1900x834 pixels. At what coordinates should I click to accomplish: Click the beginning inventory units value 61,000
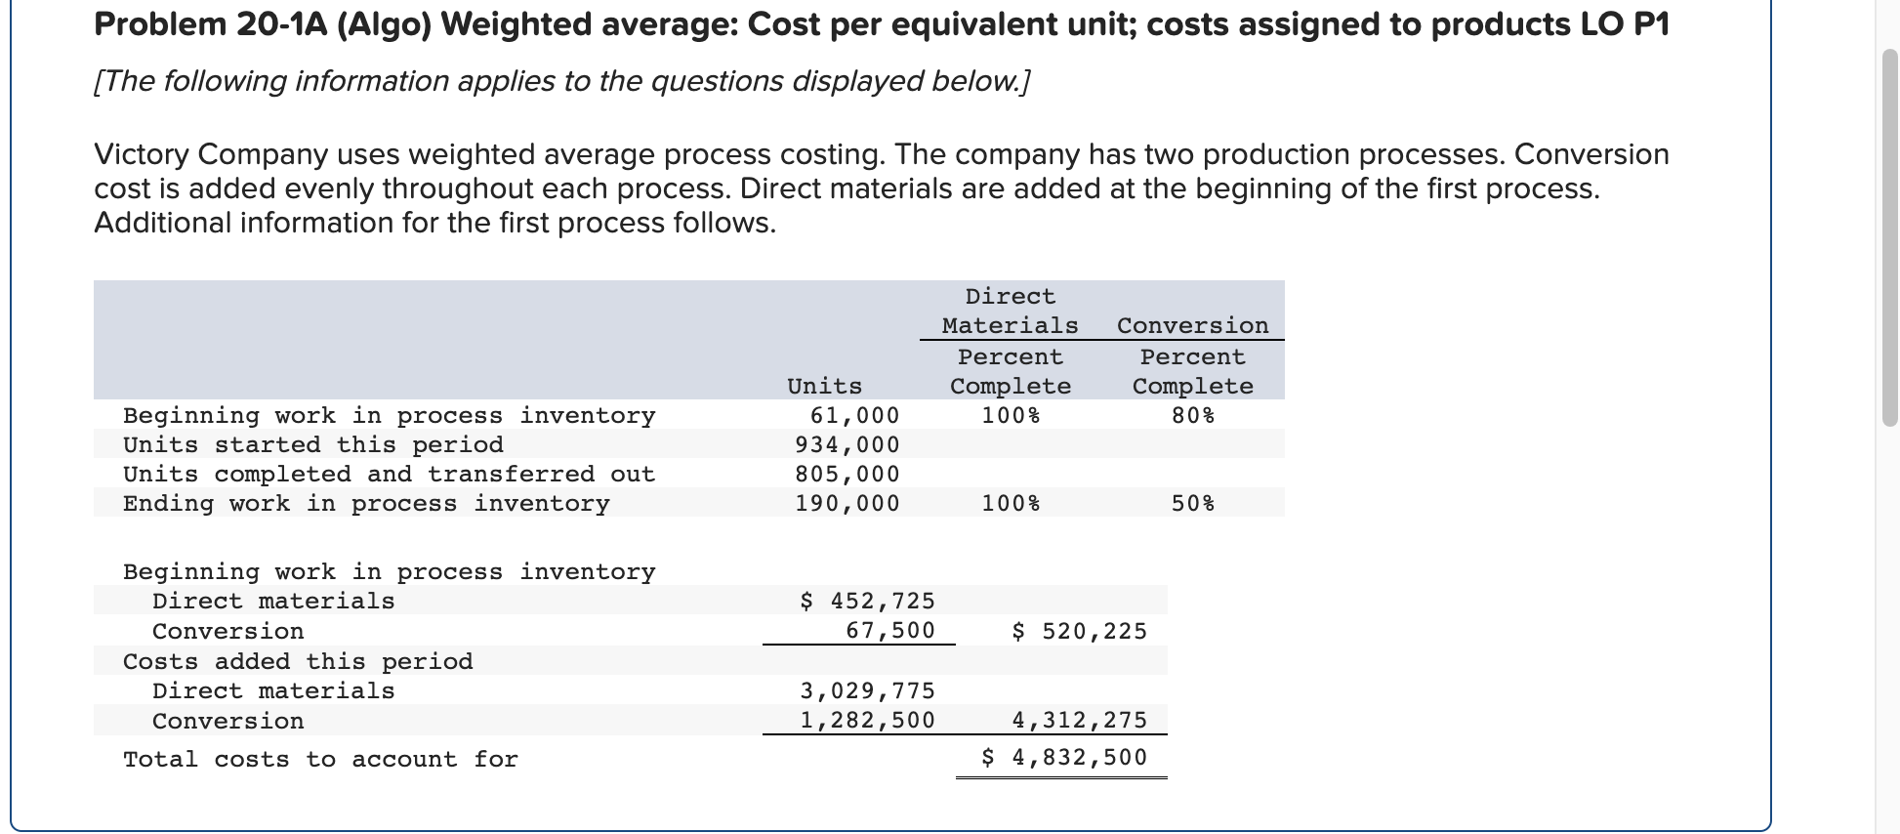pyautogui.click(x=854, y=415)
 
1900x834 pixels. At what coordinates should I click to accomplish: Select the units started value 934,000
pyautogui.click(x=847, y=444)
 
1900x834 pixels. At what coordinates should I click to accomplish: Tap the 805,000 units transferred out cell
pyautogui.click(x=847, y=474)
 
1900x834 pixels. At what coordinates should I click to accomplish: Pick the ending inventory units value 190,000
pyautogui.click(x=847, y=503)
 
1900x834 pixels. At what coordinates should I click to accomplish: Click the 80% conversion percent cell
pyautogui.click(x=1193, y=415)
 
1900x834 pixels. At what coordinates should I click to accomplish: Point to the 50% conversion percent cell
pyautogui.click(x=1193, y=503)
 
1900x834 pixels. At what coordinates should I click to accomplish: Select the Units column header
pyautogui.click(x=824, y=386)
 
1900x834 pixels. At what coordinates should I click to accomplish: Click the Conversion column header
pyautogui.click(x=1192, y=325)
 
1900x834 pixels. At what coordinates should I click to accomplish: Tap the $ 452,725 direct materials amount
pyautogui.click(x=867, y=601)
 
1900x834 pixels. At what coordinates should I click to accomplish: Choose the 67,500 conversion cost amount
pyautogui.click(x=889, y=631)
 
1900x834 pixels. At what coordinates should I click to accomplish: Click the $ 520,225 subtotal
pyautogui.click(x=1079, y=631)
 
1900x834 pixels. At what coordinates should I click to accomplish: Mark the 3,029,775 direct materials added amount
pyautogui.click(x=867, y=690)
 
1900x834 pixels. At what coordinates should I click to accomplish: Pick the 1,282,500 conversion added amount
pyautogui.click(x=867, y=721)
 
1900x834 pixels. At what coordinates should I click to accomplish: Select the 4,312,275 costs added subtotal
pyautogui.click(x=1079, y=721)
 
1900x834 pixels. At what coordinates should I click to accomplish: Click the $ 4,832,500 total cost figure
pyautogui.click(x=1064, y=757)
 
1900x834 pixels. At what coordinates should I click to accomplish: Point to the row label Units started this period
pyautogui.click(x=312, y=444)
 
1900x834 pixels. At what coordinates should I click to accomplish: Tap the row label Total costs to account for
pyautogui.click(x=320, y=759)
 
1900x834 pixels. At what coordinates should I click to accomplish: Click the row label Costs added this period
pyautogui.click(x=298, y=661)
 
